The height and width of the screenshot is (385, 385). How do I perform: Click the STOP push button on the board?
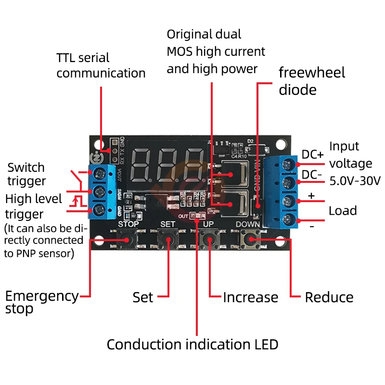[128, 239]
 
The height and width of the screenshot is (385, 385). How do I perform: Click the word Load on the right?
[343, 211]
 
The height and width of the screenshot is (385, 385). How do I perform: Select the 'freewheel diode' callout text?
[312, 81]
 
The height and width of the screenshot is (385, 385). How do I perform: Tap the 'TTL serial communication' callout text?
[101, 65]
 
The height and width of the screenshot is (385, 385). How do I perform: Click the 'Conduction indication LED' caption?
[192, 345]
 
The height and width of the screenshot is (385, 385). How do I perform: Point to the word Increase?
[250, 297]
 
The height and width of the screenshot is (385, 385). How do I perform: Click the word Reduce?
[329, 297]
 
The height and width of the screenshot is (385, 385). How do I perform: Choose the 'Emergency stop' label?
[41, 302]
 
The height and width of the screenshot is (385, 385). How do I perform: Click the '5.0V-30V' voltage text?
[355, 181]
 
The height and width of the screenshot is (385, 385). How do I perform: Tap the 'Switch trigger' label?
[26, 174]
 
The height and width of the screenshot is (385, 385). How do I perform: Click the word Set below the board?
[143, 297]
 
